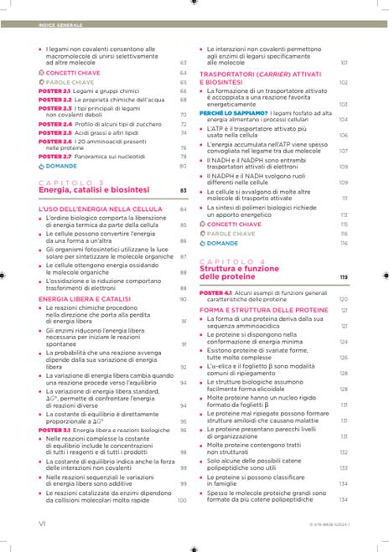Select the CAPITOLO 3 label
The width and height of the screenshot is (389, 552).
71,183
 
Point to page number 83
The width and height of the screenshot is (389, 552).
182,191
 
